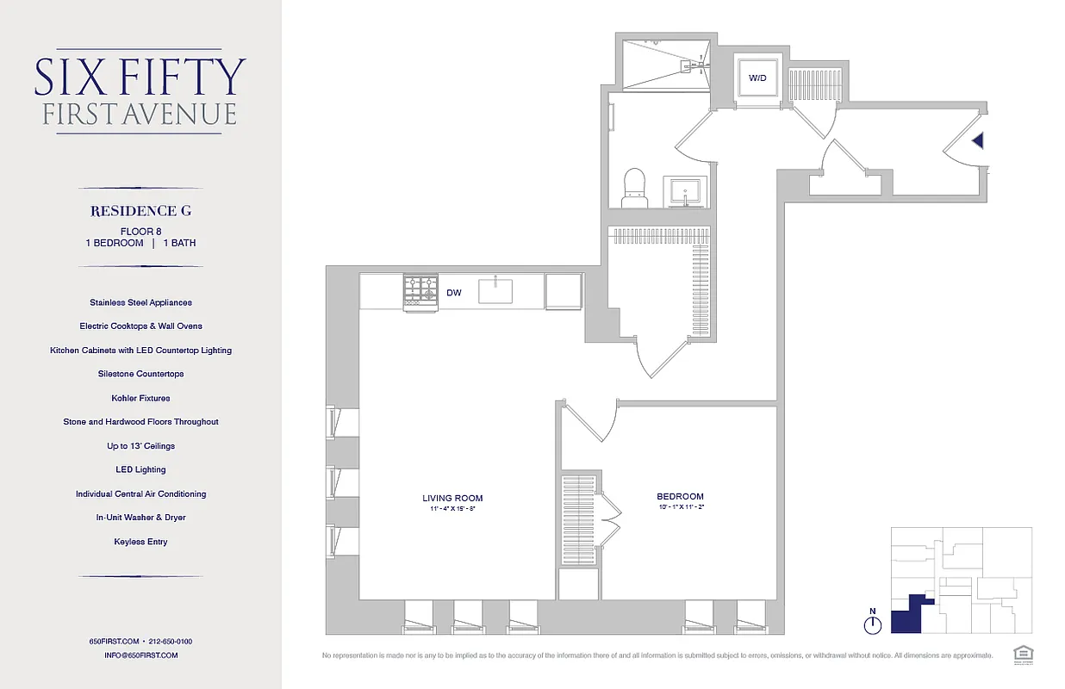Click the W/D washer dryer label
pos(757,78)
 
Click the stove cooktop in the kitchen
pos(420,291)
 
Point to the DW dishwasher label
pos(454,294)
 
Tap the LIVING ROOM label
pos(452,498)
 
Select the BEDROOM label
pos(680,497)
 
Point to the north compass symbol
pos(873,623)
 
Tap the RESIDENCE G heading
pos(140,211)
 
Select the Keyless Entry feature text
pos(140,542)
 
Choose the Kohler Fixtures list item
pos(140,398)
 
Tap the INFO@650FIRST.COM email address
pos(140,655)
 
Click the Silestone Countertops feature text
pos(140,374)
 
